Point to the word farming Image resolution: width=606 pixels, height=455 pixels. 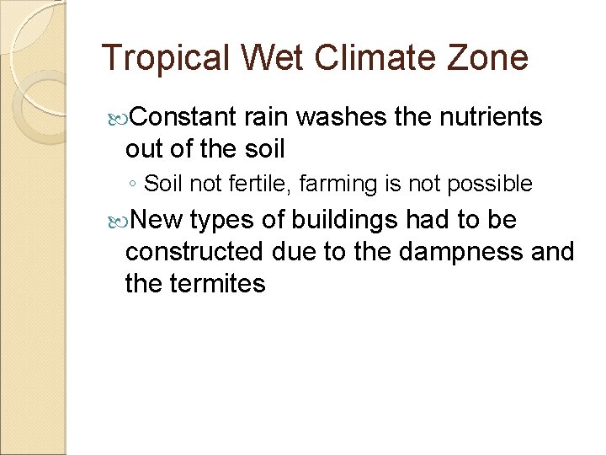pyautogui.click(x=316, y=184)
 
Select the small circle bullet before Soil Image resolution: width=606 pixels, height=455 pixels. pyautogui.click(x=135, y=184)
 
